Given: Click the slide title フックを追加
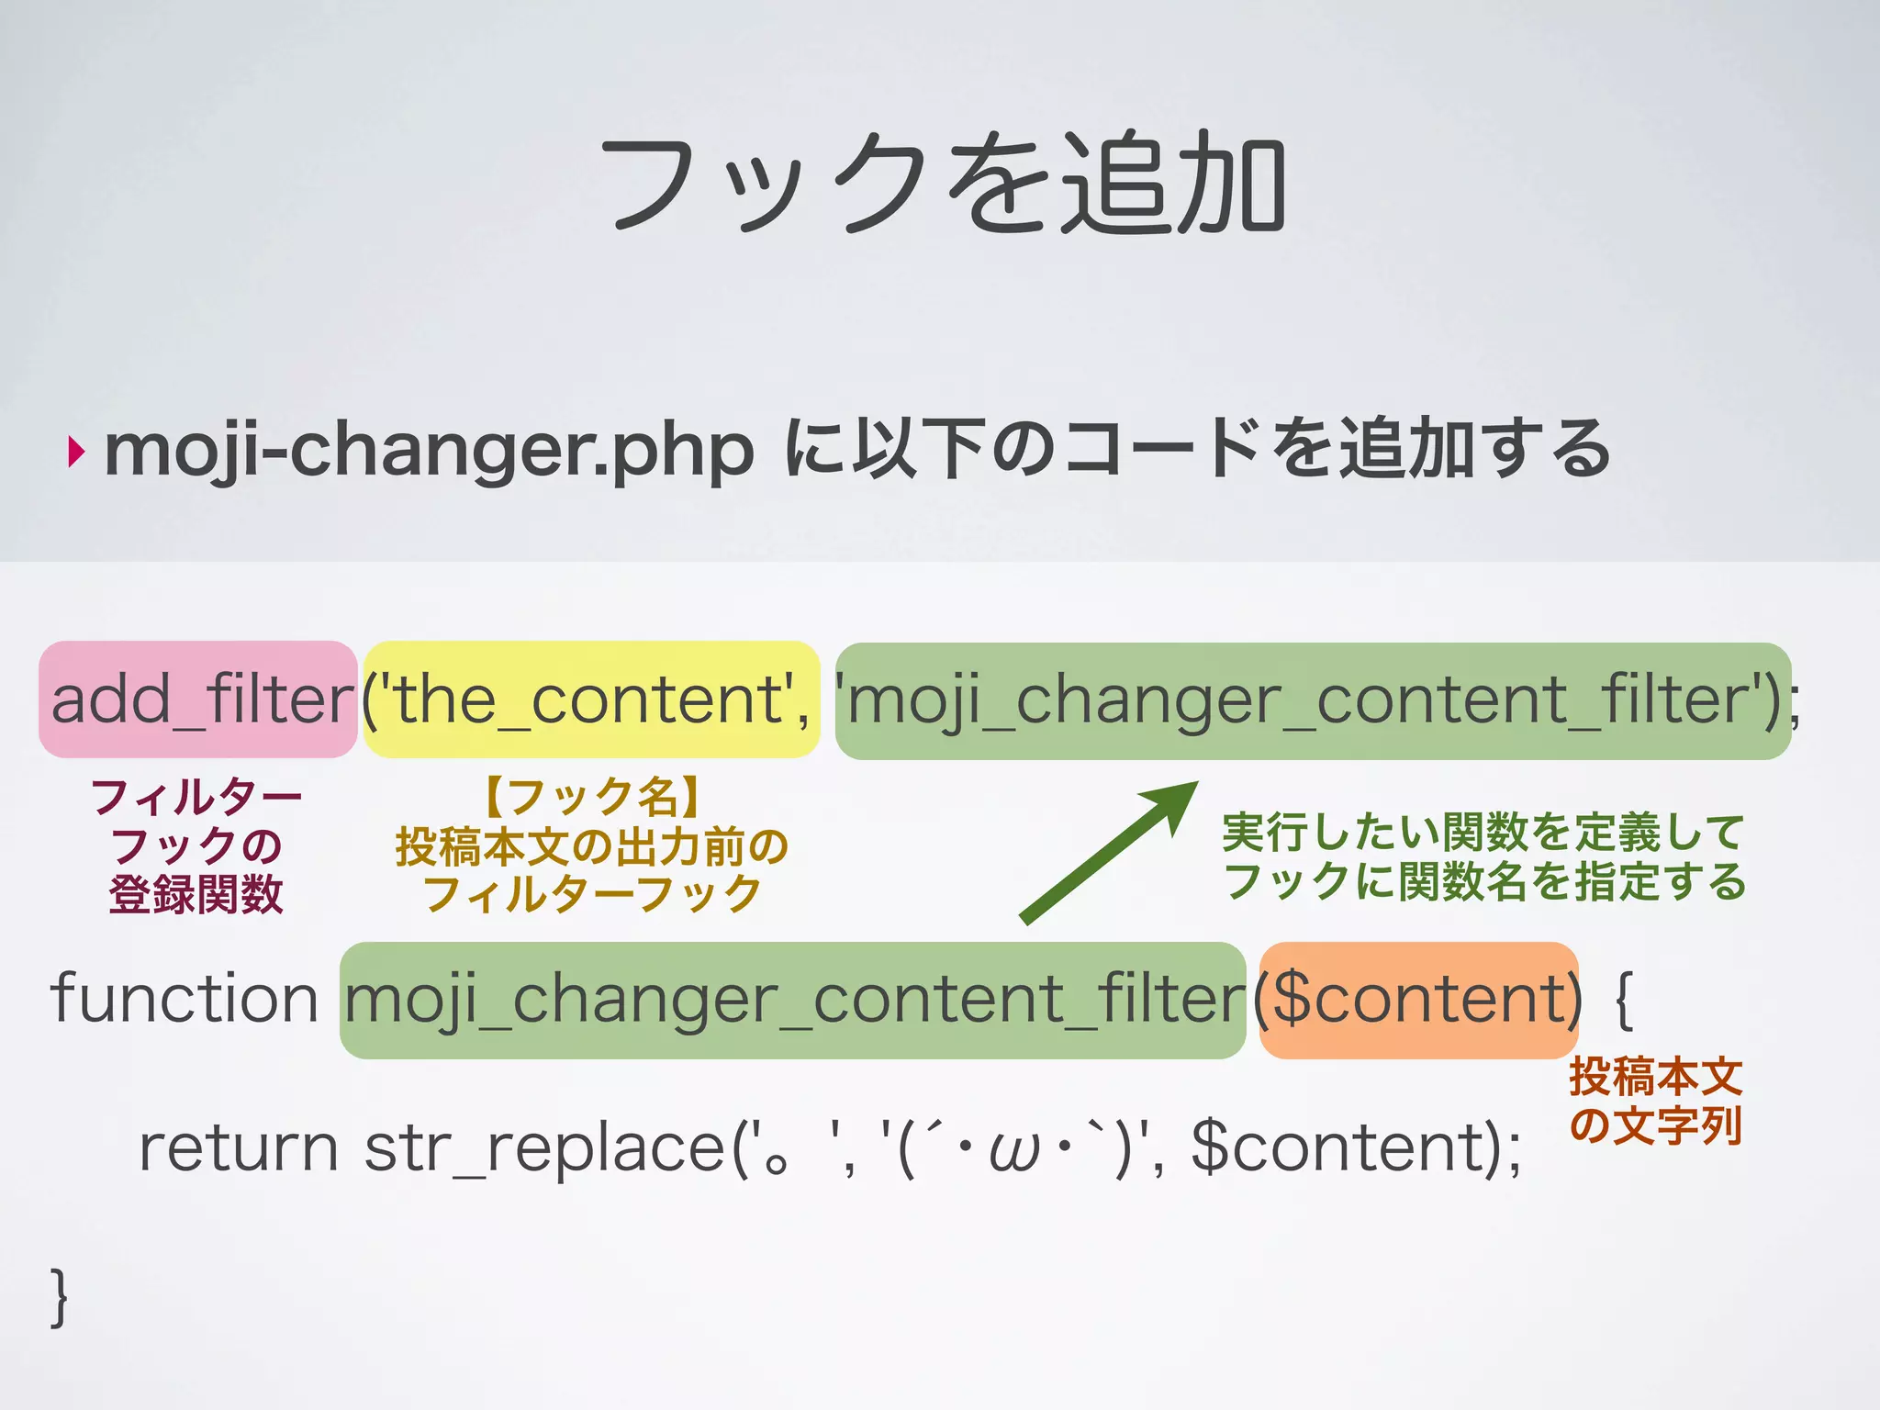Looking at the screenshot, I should [x=942, y=183].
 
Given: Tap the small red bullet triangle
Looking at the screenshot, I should [x=76, y=452].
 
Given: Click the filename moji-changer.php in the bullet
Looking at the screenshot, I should [x=429, y=452].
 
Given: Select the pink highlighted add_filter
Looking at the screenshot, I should [x=198, y=699].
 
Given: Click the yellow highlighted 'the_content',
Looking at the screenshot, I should [x=591, y=699].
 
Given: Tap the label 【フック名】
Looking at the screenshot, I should [x=592, y=797].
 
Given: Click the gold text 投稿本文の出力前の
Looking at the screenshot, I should [x=592, y=846].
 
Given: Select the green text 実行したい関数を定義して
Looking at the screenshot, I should [x=1483, y=833].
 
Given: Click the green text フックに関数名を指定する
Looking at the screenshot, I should [x=1484, y=881].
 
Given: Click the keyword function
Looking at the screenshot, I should [x=185, y=999].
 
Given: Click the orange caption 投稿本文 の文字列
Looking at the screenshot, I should [x=1655, y=1101].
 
